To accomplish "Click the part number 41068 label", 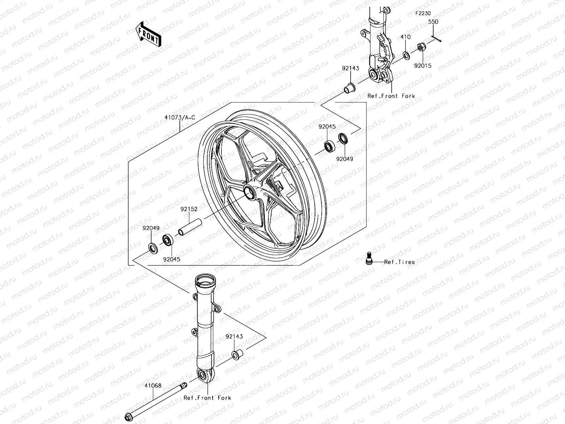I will click(153, 385).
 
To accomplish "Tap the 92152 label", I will click(189, 209).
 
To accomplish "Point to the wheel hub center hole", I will click(249, 192).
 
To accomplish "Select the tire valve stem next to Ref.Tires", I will click(368, 257).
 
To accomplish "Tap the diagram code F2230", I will click(423, 13).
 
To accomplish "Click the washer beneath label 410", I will click(406, 55).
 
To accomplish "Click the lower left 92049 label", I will click(151, 228).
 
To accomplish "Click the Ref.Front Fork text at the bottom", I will click(207, 398).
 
